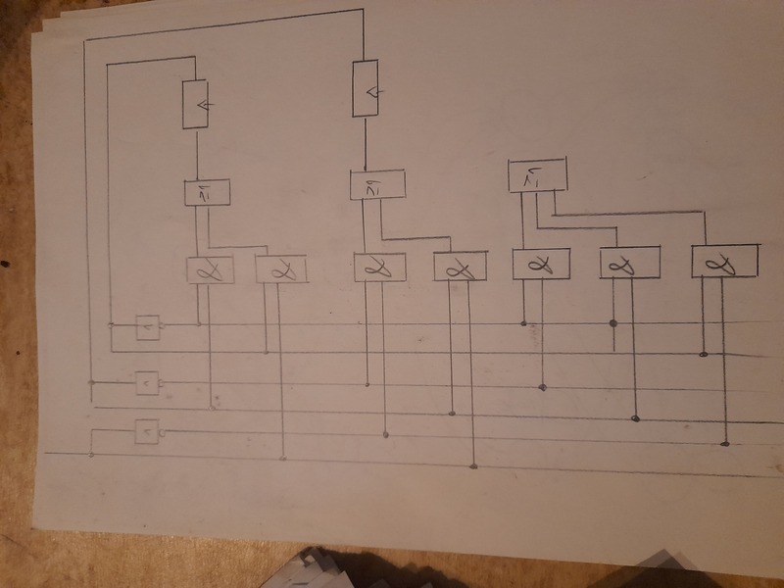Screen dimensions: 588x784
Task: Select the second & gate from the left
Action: coord(281,269)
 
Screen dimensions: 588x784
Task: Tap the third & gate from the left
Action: coord(379,267)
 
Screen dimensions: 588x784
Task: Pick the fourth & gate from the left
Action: coord(460,267)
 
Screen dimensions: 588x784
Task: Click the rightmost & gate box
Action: coord(725,261)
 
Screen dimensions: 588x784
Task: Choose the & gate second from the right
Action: coord(629,262)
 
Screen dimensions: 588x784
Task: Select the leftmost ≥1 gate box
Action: coord(207,192)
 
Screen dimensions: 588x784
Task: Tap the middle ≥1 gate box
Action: coord(377,185)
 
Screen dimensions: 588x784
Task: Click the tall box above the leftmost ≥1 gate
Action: coord(197,104)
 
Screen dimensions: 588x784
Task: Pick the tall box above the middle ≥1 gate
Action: coord(365,89)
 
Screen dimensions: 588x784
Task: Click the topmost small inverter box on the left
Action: coord(147,327)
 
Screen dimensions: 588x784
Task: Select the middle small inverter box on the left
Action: coord(146,381)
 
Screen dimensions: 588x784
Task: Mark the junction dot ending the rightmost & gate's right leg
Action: coord(725,444)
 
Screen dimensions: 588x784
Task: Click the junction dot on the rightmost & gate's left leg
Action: coord(703,354)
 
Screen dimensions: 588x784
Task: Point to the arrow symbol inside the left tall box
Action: coord(201,104)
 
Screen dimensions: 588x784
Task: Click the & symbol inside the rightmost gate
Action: coord(725,262)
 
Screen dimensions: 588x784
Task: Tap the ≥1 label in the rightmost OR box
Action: coord(535,176)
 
